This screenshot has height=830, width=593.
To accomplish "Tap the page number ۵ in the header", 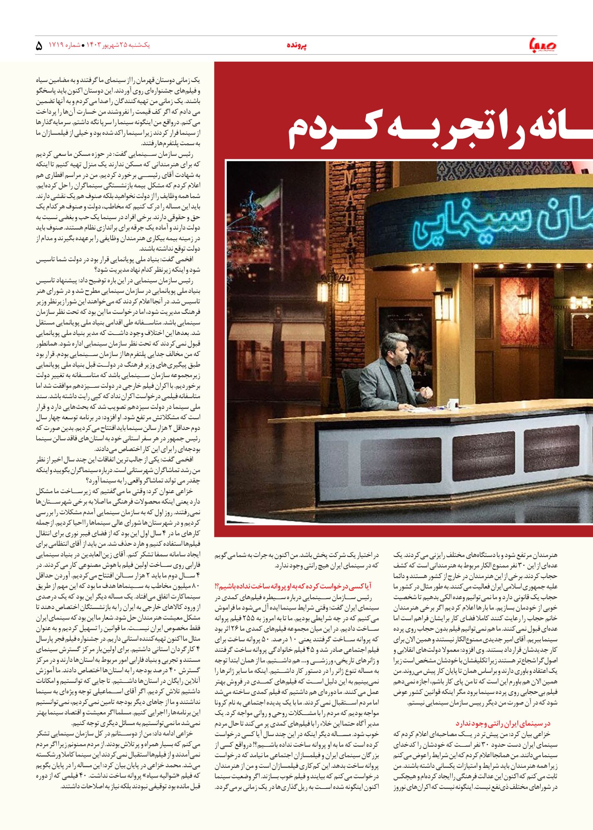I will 39,46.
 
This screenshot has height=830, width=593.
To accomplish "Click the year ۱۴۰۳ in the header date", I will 96,45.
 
